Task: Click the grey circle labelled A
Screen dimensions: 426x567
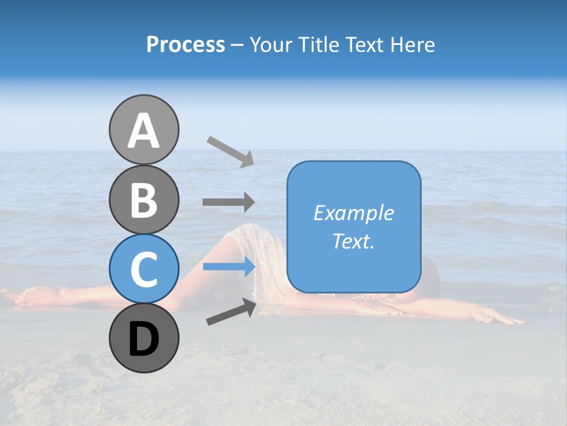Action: (144, 130)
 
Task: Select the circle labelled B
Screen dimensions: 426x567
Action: (144, 199)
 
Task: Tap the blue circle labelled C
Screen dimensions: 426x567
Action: (144, 269)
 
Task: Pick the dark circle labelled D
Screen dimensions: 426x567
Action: (144, 338)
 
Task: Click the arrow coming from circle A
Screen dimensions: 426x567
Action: (230, 151)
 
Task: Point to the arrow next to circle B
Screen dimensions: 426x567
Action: (229, 202)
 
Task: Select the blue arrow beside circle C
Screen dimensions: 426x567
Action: (229, 267)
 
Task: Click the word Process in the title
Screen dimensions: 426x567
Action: (185, 45)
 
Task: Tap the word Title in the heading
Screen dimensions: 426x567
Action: (319, 45)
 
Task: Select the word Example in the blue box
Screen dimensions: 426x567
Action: (354, 213)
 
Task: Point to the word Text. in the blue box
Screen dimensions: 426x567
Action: (354, 241)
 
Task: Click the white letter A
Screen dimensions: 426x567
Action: (144, 131)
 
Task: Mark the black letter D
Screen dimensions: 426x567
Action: (144, 340)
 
